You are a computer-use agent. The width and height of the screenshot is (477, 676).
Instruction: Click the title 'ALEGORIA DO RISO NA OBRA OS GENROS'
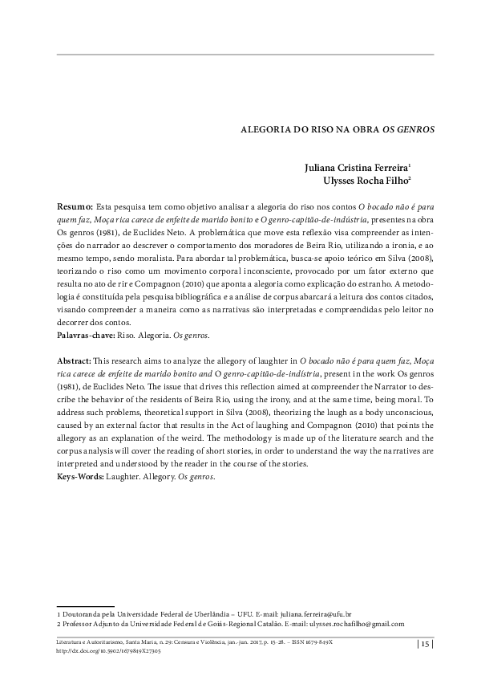327,128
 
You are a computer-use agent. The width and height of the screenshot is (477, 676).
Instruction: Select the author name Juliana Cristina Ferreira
357,169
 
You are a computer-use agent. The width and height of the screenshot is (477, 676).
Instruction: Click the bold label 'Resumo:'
76,206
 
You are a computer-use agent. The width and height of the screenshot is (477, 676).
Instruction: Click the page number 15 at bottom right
425,644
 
